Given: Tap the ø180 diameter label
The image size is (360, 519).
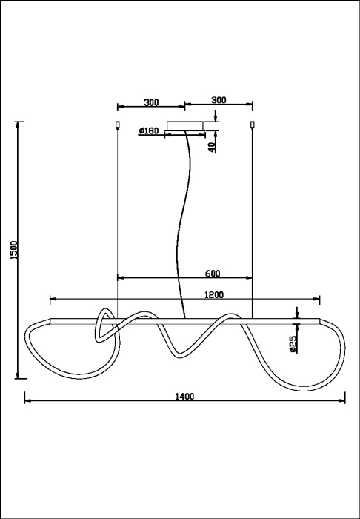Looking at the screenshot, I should [149, 131].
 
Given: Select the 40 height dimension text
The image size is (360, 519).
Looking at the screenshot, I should [212, 146].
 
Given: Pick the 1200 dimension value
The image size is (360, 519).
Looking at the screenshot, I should [213, 294].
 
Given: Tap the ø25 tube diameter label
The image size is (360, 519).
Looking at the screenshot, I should [293, 343].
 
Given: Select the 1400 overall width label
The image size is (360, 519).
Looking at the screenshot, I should [184, 396].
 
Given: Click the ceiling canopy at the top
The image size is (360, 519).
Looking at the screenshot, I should [188, 127].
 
